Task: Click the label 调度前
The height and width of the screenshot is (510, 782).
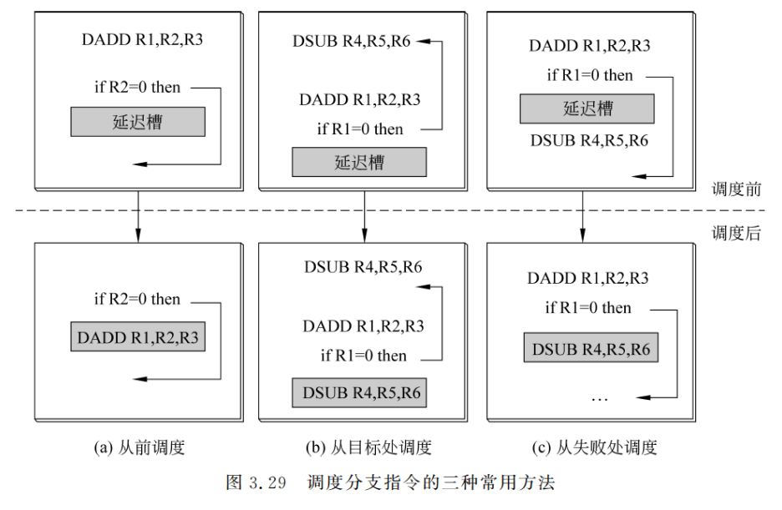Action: pos(736,189)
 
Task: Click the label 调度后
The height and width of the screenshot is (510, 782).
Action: pos(736,234)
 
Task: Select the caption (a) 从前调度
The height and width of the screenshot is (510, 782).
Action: pos(138,447)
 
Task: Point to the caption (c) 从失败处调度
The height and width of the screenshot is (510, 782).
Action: pos(594,447)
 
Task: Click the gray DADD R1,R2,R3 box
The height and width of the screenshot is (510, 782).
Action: pos(138,338)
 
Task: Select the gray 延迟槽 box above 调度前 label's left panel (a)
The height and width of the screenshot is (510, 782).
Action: pos(138,123)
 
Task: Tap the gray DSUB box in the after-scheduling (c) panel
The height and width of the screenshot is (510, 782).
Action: pos(592,349)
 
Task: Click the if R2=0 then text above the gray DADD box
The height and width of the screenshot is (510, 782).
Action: pos(137,299)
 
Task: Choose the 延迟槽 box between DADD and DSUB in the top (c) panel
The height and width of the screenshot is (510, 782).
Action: pos(586,109)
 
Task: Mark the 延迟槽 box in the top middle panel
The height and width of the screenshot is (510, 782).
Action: pos(358,162)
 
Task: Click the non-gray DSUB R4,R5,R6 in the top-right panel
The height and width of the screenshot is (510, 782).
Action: pos(589,139)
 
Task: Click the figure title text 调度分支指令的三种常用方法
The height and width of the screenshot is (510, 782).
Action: pos(430,482)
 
